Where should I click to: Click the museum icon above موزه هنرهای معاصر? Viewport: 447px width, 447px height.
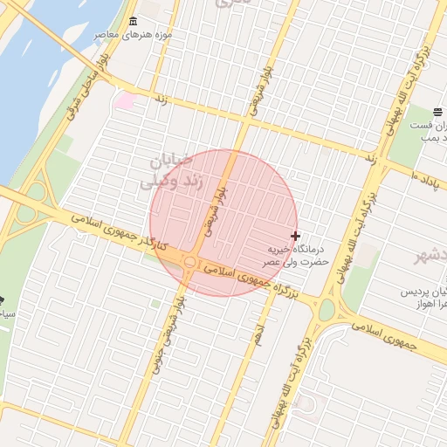133,22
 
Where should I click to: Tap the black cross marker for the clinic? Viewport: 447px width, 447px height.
295,236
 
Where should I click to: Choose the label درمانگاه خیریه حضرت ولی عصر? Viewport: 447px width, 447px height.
298,255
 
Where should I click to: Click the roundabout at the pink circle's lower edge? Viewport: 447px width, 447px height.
189,261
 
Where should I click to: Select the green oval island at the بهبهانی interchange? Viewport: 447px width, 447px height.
327,310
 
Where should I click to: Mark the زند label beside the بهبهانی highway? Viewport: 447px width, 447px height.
370,159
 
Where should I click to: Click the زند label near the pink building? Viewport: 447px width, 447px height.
161,100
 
